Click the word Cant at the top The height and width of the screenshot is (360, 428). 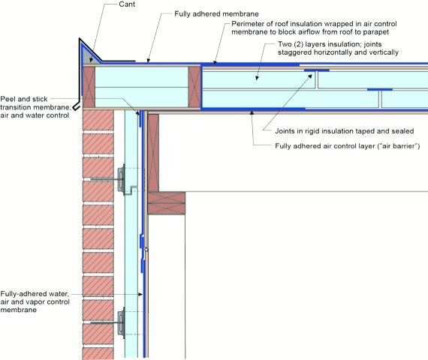point(127,4)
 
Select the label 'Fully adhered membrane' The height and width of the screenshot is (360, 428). point(216,14)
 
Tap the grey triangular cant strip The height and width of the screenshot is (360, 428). point(89,56)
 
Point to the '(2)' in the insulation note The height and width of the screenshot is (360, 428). point(298,44)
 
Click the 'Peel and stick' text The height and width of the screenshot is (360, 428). point(24,99)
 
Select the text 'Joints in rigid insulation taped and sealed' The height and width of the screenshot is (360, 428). point(345,131)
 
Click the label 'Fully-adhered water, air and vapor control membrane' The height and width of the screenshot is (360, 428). point(35,301)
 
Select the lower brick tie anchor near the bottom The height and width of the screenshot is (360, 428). point(120,323)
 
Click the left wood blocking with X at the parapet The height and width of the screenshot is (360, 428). point(89,87)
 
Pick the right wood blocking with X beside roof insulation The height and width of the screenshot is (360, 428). point(194,87)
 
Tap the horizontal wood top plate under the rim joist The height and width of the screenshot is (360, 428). point(167,203)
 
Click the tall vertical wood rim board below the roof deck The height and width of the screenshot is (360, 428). point(153,153)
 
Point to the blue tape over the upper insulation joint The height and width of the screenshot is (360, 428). point(317,70)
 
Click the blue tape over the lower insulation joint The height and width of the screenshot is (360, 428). point(380,89)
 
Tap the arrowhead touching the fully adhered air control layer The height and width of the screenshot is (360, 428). point(252,112)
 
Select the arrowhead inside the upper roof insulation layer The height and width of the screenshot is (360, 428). point(256,78)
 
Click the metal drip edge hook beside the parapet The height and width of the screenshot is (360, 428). point(77,106)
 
